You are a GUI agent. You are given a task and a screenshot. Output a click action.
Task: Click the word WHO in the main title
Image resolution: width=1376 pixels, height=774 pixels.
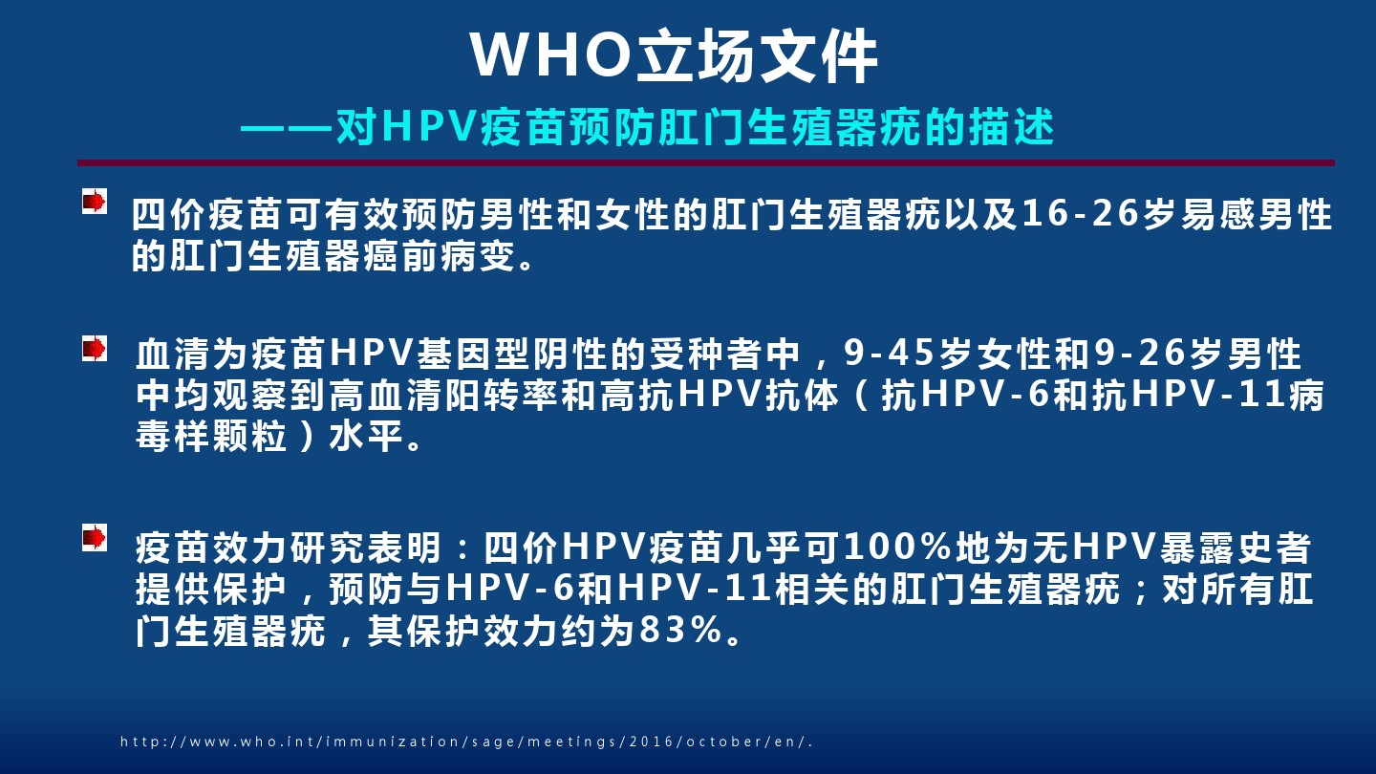[x=552, y=54]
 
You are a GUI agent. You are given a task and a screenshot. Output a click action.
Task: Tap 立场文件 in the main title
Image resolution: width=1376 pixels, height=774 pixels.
[x=757, y=55]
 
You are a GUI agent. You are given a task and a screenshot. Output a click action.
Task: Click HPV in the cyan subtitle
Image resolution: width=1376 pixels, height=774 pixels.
[x=429, y=126]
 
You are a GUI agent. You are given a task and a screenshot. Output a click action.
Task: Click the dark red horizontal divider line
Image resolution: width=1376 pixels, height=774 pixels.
[x=706, y=162]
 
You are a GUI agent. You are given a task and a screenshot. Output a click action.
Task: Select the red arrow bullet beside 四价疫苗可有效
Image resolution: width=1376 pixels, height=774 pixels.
[x=95, y=201]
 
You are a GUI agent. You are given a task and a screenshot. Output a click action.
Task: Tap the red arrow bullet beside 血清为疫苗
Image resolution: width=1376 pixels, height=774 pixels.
[x=95, y=348]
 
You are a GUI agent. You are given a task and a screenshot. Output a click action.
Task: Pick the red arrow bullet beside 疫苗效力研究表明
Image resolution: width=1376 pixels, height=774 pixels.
[x=95, y=537]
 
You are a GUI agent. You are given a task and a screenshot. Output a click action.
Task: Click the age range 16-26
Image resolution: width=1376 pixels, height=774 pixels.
[x=1080, y=213]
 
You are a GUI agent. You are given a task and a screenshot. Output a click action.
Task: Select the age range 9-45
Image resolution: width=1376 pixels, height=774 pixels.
[x=891, y=353]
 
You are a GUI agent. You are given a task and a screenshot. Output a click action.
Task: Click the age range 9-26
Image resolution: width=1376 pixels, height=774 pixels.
[x=1141, y=353]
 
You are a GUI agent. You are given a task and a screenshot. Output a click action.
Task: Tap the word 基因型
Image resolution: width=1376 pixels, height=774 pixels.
[x=474, y=354]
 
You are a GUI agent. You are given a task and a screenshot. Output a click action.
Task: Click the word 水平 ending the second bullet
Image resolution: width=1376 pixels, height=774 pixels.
[x=367, y=436]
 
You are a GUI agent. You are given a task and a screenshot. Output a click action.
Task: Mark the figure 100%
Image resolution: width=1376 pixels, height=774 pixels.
[x=897, y=547]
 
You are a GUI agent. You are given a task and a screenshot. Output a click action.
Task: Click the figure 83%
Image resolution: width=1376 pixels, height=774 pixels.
[x=680, y=630]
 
